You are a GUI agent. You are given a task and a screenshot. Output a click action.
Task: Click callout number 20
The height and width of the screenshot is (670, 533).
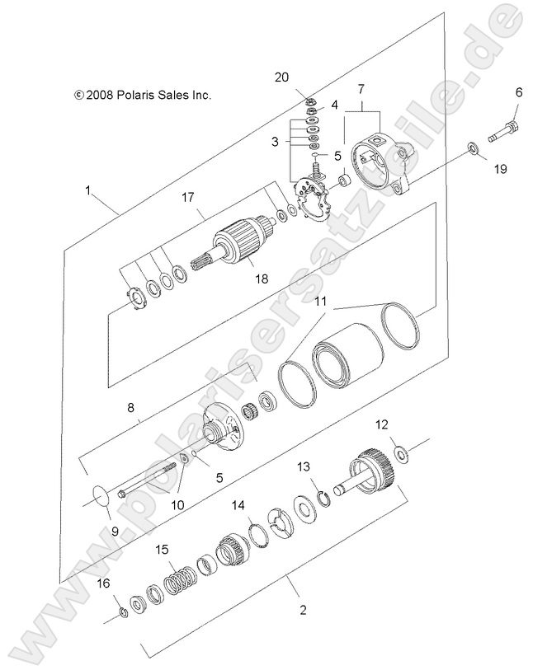pos(281,77)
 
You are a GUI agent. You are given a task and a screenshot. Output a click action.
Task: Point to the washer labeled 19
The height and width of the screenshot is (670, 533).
pos(472,148)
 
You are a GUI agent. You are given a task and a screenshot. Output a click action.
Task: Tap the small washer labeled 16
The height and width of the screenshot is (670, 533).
pos(121,611)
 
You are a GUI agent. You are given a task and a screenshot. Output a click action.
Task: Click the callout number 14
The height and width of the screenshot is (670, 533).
pos(238,505)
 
